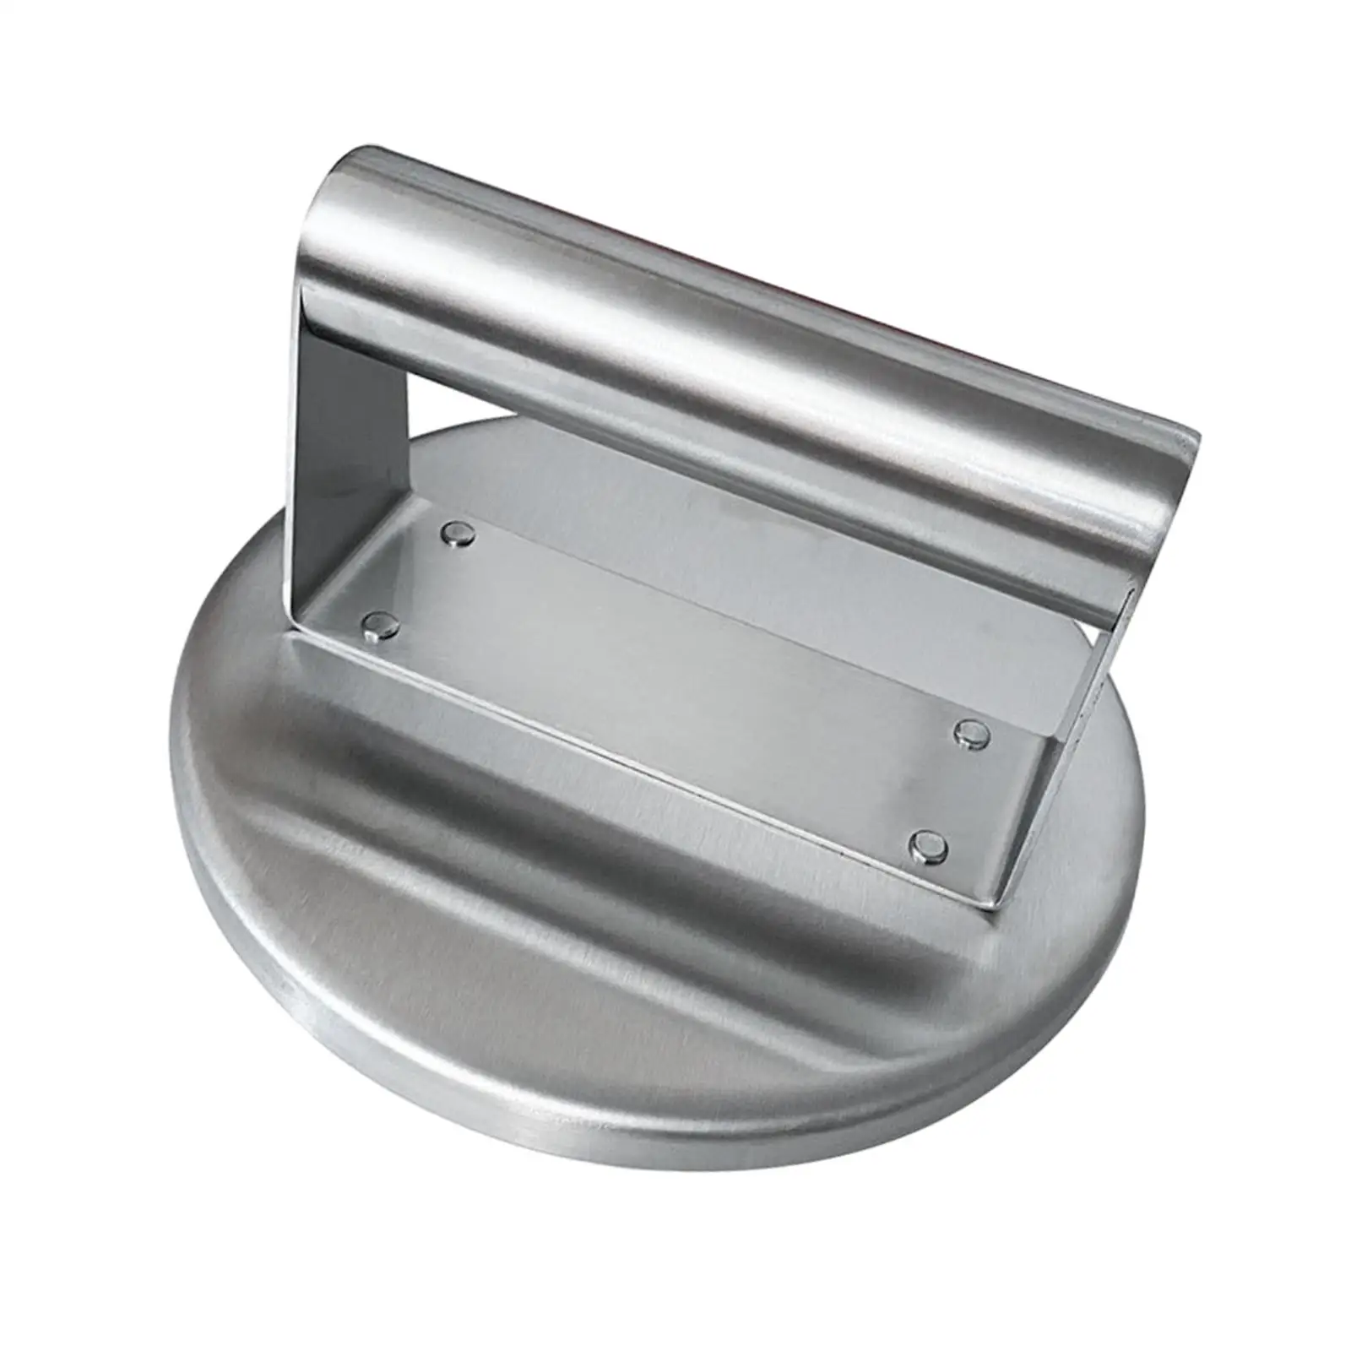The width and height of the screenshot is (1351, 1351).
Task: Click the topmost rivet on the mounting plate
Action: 460,534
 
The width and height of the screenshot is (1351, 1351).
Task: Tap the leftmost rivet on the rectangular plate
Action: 379,625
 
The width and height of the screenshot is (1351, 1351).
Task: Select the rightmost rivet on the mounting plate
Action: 972,734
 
